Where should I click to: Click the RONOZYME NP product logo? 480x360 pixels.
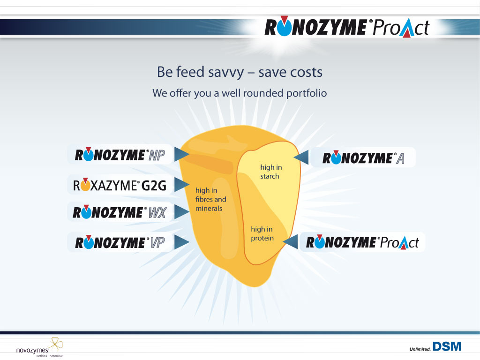click(x=120, y=155)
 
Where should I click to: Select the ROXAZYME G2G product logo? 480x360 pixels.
click(x=120, y=185)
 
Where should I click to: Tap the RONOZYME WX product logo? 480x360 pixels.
click(x=120, y=212)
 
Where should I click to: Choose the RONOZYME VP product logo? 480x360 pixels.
click(x=120, y=242)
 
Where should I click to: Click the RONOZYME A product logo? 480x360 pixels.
click(x=363, y=157)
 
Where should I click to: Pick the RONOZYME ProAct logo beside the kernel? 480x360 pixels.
click(x=362, y=242)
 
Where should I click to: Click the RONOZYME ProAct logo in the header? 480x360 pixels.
click(x=347, y=27)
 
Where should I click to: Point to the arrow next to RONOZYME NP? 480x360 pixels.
click(x=182, y=154)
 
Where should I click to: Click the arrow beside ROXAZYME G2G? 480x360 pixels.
click(x=182, y=185)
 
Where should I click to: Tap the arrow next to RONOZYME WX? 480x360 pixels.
click(x=182, y=212)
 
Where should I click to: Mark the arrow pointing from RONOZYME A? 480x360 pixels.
click(x=301, y=157)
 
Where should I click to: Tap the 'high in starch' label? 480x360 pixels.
click(x=271, y=172)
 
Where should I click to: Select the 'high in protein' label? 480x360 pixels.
click(x=262, y=233)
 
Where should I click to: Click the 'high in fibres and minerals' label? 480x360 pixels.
click(x=210, y=199)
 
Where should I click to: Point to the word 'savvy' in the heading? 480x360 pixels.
click(x=226, y=73)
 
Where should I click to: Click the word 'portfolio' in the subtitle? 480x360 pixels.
click(x=307, y=93)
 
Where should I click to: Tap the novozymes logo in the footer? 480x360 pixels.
click(x=39, y=348)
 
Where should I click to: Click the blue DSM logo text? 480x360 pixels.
click(x=447, y=346)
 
